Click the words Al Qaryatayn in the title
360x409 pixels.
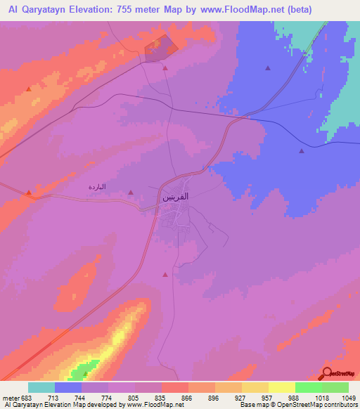[39, 10]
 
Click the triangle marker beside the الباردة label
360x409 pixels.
[131, 192]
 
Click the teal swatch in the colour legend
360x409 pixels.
[41, 387]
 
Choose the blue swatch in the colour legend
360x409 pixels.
[68, 387]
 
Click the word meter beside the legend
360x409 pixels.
[11, 397]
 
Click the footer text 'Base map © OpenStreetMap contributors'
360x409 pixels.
[298, 405]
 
